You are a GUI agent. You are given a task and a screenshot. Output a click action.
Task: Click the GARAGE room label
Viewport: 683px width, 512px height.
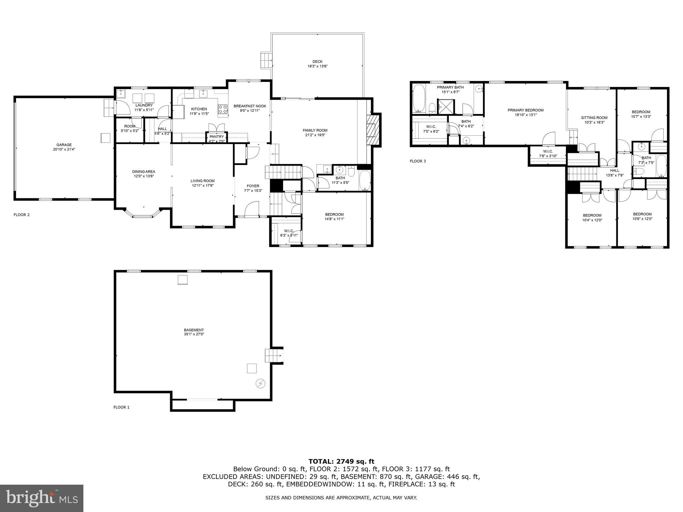(x=64, y=145)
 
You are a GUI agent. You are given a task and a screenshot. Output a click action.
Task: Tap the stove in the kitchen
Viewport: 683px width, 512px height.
(x=223, y=109)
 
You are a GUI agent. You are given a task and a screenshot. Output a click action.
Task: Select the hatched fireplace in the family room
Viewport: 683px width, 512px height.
(x=374, y=130)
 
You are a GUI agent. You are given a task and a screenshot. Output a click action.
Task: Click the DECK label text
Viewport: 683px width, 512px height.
(x=317, y=61)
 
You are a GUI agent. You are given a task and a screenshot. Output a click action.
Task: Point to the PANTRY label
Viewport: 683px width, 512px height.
(x=217, y=137)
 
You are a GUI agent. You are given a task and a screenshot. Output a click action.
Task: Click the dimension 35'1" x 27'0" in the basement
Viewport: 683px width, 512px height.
(x=194, y=334)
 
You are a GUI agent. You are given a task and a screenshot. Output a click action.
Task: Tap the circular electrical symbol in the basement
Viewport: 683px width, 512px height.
(x=260, y=384)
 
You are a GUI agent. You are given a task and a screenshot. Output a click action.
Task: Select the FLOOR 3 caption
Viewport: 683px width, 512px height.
(x=418, y=161)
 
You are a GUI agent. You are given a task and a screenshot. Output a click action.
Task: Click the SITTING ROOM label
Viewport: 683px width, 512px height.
(x=594, y=118)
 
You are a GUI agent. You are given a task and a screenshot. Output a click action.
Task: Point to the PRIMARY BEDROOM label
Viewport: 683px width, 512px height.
(x=526, y=110)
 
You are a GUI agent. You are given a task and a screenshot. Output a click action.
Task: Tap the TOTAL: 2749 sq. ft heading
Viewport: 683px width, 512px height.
(x=341, y=461)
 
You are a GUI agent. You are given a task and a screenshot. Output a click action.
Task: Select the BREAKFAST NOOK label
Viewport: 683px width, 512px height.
(x=250, y=106)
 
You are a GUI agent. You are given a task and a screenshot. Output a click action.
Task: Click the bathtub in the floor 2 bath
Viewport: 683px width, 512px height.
(x=365, y=180)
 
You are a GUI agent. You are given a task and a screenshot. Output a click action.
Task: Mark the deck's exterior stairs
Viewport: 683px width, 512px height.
(x=266, y=60)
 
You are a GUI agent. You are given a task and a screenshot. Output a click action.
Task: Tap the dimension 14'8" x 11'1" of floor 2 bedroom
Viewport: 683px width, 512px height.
(x=334, y=219)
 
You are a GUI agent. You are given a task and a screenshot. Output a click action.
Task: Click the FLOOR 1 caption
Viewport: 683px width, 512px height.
(x=121, y=407)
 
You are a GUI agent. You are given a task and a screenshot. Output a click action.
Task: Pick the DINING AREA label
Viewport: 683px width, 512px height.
(x=143, y=172)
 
